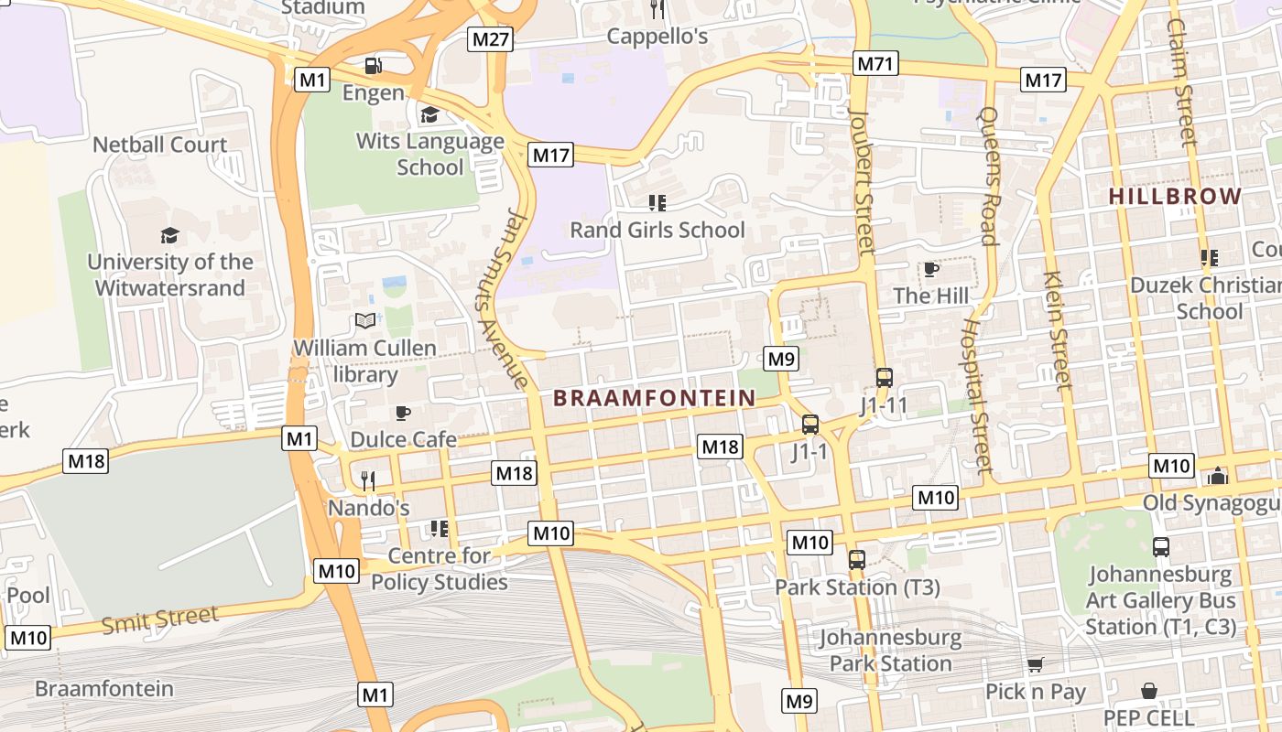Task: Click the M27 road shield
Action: [491, 38]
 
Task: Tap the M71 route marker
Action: [875, 63]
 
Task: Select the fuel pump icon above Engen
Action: [373, 66]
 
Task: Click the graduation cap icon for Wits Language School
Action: [429, 114]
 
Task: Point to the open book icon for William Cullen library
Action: [365, 320]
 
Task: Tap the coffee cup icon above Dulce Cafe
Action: [402, 413]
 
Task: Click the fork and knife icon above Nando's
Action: [367, 479]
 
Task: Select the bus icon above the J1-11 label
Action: [884, 377]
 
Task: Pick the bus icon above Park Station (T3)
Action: [856, 559]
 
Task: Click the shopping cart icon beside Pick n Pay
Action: [1035, 665]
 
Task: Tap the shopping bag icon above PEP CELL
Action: [1149, 690]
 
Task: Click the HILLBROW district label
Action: [1175, 196]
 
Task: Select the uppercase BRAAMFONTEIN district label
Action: [655, 398]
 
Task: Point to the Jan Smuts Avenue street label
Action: [503, 298]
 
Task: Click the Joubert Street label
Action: [862, 182]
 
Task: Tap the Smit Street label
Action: [160, 619]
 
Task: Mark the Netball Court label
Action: [160, 145]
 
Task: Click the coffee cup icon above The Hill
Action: [930, 269]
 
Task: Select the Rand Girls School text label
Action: [657, 230]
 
